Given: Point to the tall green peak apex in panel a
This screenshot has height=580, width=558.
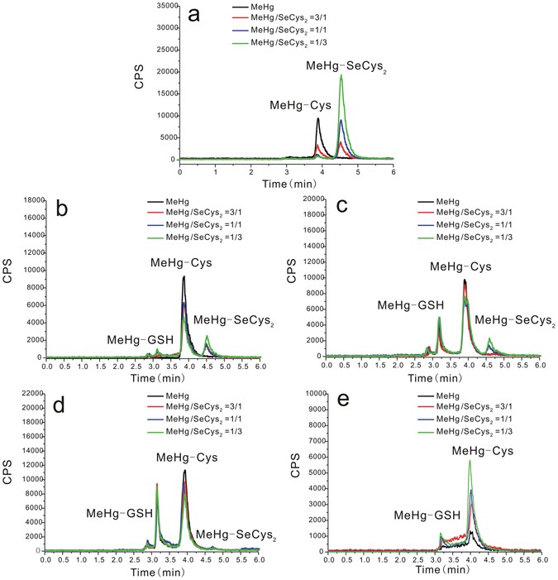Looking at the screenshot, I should point(341,75).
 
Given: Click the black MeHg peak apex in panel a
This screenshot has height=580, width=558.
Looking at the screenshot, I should point(318,118).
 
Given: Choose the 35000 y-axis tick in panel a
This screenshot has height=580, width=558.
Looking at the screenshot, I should point(163,6).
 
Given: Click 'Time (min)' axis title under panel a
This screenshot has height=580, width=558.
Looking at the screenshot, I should point(286,181).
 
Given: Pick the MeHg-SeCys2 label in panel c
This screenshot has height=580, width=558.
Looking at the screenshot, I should point(514,319).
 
